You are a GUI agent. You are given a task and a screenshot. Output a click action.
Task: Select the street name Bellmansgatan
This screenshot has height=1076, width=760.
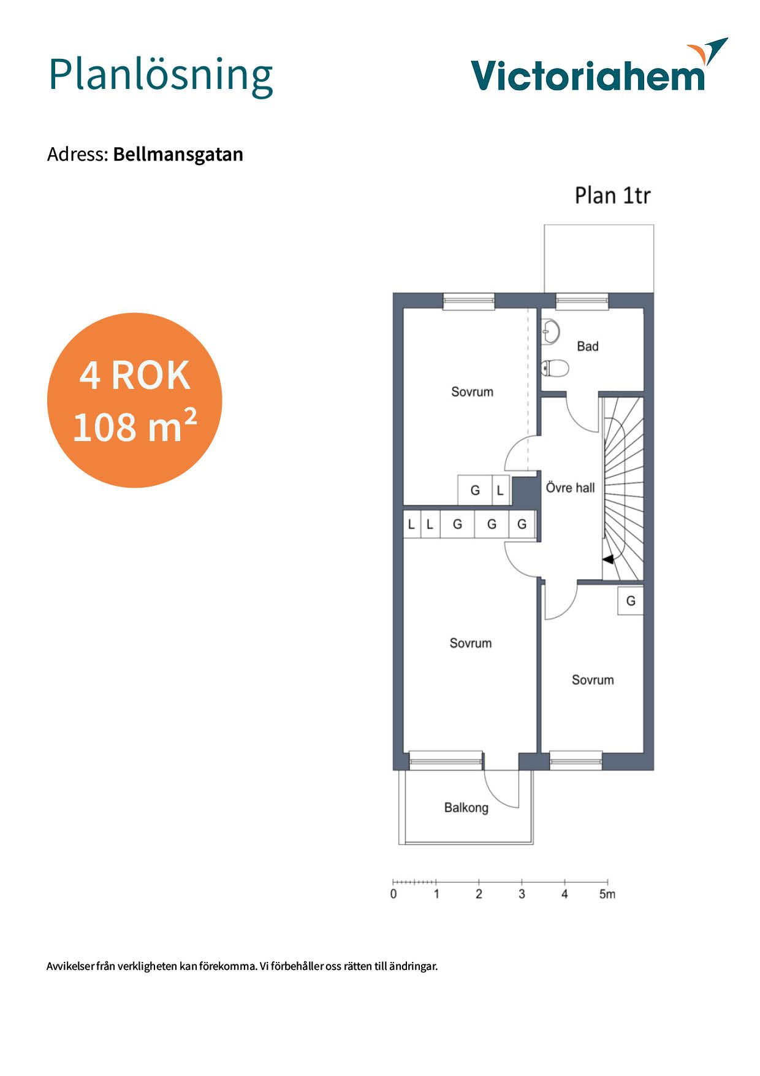point(178,154)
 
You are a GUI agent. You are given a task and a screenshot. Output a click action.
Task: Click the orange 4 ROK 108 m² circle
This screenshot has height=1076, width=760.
point(134,400)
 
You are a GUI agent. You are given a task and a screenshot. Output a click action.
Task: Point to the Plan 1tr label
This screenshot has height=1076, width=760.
point(612,196)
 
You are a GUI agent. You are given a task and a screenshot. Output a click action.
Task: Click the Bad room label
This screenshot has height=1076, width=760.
point(587,347)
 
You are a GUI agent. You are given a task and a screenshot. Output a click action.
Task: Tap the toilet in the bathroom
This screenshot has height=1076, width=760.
point(555,368)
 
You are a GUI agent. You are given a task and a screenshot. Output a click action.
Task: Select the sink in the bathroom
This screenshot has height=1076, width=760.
point(550,332)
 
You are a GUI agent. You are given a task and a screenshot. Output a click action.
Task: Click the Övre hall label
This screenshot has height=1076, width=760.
point(570,488)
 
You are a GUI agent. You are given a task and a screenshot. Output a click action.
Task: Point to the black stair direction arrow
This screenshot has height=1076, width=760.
point(608,559)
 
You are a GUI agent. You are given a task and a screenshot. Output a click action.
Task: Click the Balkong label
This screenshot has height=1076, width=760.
point(466,807)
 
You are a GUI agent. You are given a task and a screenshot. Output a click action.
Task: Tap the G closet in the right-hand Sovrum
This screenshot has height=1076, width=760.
point(631,601)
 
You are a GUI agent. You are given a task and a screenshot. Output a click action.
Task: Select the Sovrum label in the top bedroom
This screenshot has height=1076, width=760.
point(472,391)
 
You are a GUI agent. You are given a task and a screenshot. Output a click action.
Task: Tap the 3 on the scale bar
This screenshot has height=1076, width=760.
point(522,894)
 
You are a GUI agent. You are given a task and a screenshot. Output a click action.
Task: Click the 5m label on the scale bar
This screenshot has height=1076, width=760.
point(607,894)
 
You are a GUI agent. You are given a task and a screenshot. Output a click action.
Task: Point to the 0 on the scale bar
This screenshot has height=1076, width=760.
point(393,894)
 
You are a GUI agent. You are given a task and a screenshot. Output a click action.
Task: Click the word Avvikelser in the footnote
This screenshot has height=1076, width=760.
point(70,966)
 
